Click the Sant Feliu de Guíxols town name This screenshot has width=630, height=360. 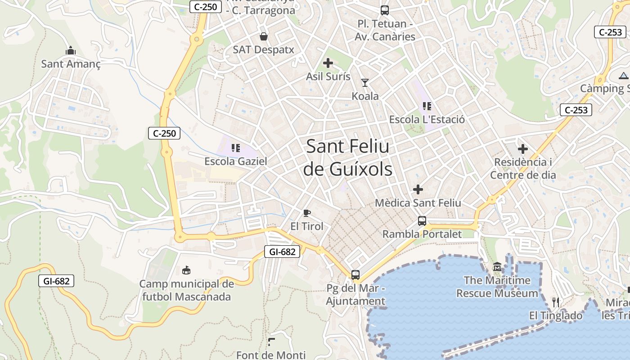[x=347, y=157]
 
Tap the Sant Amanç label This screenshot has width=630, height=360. [x=71, y=64]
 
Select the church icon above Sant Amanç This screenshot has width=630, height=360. [x=70, y=50]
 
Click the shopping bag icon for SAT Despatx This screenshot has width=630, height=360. [x=263, y=36]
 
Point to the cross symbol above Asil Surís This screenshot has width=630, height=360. [x=328, y=63]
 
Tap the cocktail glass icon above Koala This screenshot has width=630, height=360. [x=364, y=82]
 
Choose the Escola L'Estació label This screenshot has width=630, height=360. [x=427, y=120]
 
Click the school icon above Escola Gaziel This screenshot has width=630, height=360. [x=235, y=148]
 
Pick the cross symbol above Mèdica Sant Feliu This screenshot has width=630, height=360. [x=418, y=189]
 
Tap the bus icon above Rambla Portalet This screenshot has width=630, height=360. [x=422, y=220]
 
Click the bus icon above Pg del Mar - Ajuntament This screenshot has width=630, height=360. [x=355, y=274]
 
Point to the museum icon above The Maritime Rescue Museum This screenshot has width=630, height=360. [x=497, y=267]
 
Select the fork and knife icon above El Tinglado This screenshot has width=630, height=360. [x=556, y=302]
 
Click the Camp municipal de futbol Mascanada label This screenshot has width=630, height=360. [x=186, y=290]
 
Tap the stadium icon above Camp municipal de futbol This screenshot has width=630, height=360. [x=186, y=270]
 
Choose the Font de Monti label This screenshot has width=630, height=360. [x=271, y=355]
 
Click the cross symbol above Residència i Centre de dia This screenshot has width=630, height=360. [x=523, y=148]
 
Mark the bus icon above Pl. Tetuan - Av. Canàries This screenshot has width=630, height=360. [x=384, y=10]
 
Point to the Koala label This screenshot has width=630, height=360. [x=365, y=96]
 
